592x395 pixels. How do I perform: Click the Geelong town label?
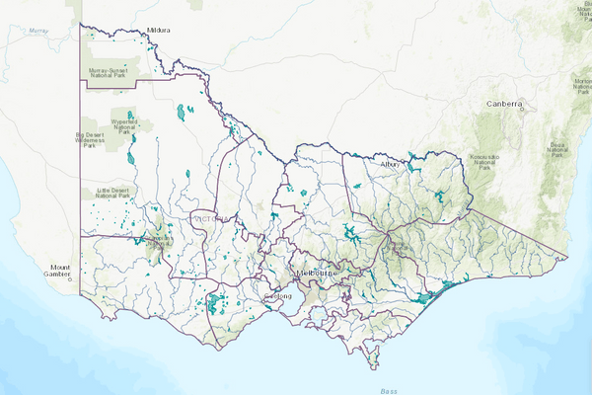point(278,296)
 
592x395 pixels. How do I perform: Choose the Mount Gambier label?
point(63,272)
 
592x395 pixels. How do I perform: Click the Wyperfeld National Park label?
point(123,124)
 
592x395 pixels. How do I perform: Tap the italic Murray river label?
point(38,31)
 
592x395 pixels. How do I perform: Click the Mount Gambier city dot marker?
point(71,280)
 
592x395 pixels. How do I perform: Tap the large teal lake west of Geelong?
point(212,302)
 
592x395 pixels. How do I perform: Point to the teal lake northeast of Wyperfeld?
point(183,113)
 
